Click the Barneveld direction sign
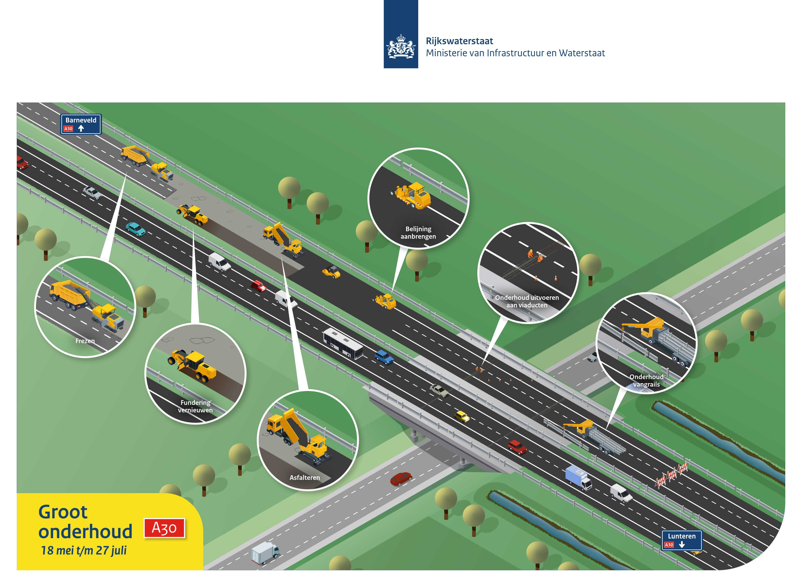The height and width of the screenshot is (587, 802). click(81, 124)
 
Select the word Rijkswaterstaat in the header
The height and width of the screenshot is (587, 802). click(459, 41)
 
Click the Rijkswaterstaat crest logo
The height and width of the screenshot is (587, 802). click(401, 34)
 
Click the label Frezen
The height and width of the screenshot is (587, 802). click(85, 341)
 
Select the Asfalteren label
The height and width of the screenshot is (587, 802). click(305, 478)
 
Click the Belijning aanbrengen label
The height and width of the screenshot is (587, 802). click(418, 233)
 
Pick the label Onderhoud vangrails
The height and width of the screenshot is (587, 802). click(646, 381)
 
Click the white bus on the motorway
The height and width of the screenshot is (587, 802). click(343, 343)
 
